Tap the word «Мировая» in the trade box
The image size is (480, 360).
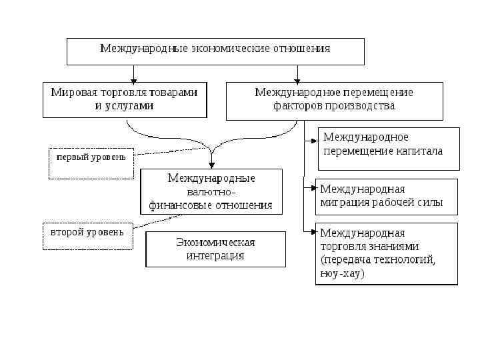click(72, 93)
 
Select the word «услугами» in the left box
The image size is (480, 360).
click(133, 105)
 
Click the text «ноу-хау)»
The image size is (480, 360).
click(343, 273)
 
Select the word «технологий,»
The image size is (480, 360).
click(405, 259)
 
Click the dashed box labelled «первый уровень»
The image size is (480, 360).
click(91, 163)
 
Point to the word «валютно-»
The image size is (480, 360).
click(211, 192)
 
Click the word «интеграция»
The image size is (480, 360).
click(215, 255)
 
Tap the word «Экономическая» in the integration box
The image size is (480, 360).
click(215, 242)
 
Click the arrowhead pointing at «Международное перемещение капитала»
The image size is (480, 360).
click(314, 141)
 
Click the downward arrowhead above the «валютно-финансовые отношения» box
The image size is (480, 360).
click(211, 165)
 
